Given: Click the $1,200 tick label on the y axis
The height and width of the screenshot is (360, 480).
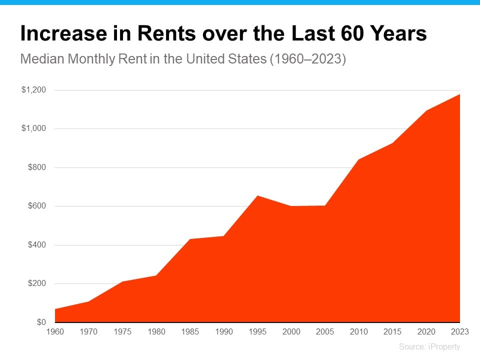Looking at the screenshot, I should click(x=33, y=90).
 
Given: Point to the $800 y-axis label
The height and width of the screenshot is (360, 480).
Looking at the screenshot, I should click(x=36, y=167).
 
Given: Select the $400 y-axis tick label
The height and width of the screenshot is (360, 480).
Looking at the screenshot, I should click(x=36, y=245).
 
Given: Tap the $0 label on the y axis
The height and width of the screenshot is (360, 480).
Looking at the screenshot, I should click(x=40, y=322).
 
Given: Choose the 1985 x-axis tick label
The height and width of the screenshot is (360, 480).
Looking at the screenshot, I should click(x=189, y=331).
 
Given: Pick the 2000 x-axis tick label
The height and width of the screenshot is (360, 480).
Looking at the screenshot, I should click(x=291, y=331).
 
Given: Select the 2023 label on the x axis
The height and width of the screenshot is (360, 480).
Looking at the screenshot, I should click(x=460, y=331).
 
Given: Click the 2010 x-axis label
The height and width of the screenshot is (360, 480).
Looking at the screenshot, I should click(x=358, y=331).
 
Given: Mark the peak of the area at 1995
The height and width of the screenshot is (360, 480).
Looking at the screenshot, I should click(x=257, y=195).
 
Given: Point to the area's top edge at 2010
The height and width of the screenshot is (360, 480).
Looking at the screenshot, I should click(x=358, y=159).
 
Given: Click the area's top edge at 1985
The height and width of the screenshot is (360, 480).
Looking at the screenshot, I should click(x=189, y=239).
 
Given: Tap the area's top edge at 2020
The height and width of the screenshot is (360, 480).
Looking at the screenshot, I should click(x=426, y=110).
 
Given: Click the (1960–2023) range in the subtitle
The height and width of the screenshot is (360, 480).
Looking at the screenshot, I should click(x=307, y=59).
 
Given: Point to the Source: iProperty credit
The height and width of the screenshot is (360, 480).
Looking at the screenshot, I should click(x=429, y=346).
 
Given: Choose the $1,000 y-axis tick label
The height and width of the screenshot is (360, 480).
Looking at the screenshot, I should click(x=33, y=128).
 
